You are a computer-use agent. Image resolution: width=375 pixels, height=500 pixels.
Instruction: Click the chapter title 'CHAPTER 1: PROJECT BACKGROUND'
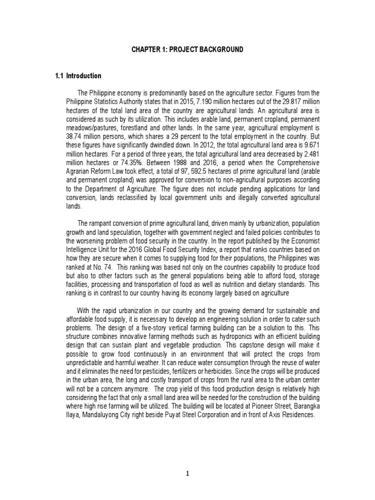click(x=187, y=50)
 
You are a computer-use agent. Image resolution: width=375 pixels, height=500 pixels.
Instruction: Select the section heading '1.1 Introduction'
click(x=78, y=76)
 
